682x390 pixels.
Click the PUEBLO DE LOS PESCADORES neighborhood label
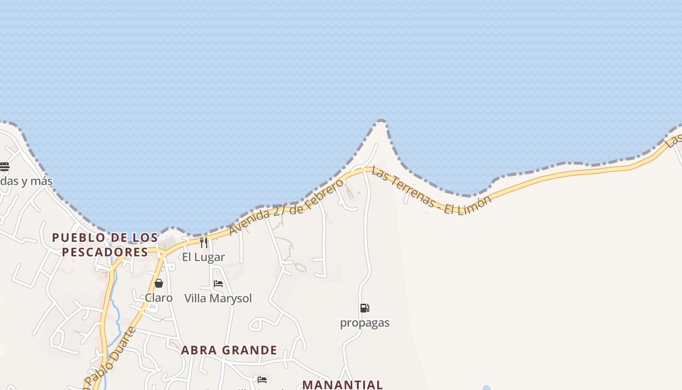(x=105, y=245)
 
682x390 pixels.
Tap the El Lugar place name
(x=204, y=257)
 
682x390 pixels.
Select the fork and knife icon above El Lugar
(x=204, y=242)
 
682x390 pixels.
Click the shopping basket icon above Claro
(x=159, y=283)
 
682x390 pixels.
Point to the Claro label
(x=159, y=298)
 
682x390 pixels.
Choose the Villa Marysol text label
(x=218, y=298)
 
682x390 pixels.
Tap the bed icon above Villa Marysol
(x=218, y=284)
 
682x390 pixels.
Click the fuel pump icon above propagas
(x=364, y=308)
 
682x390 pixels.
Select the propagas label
(x=364, y=323)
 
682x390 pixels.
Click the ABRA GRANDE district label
(x=229, y=350)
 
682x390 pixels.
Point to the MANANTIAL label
(x=342, y=385)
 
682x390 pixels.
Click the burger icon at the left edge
(x=4, y=167)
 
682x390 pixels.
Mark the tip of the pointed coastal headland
(x=381, y=121)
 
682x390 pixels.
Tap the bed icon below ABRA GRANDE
(x=262, y=379)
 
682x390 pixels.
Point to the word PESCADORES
(x=105, y=252)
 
